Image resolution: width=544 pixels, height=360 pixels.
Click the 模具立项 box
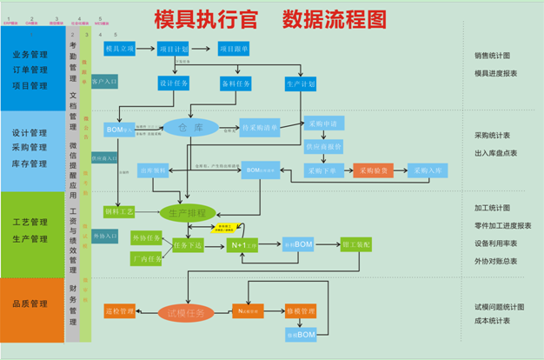119,50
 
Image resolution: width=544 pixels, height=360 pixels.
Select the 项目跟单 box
234,50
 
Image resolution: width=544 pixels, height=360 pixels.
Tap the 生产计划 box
300,84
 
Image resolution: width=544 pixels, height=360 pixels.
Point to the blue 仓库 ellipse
185,128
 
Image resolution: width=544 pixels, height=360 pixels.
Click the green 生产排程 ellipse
187,212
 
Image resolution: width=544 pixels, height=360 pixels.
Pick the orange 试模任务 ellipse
186,312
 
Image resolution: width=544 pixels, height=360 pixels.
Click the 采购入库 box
428,170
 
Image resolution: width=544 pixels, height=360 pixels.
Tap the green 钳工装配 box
356,244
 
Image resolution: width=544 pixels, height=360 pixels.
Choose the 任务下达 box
188,245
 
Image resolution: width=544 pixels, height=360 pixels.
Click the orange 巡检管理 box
119,310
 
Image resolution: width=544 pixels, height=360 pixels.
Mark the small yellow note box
228,228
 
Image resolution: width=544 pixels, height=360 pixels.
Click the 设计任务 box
174,84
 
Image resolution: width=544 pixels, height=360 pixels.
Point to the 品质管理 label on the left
30,303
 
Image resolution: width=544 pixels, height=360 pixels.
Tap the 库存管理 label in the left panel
30,163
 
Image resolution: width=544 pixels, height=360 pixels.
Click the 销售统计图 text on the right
492,57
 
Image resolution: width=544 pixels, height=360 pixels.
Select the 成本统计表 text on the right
492,321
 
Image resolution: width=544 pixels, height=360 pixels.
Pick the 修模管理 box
300,310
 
